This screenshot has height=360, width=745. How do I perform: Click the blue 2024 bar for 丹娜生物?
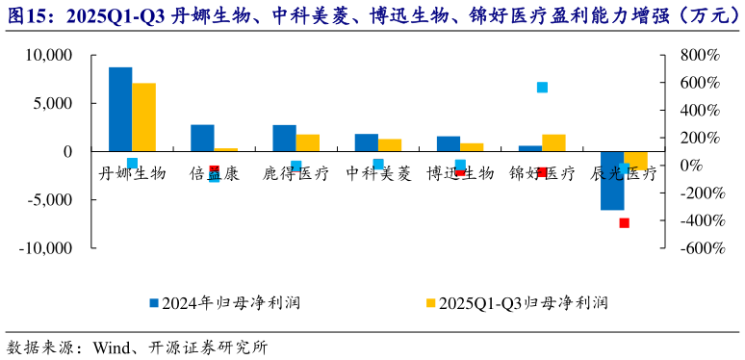[120, 109]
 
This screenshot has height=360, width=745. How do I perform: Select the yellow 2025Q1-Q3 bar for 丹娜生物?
[143, 117]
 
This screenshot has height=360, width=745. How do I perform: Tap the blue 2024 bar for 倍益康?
[202, 138]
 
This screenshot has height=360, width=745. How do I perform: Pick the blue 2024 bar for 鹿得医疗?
[284, 138]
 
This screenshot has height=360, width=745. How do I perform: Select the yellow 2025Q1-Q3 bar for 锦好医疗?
[553, 142]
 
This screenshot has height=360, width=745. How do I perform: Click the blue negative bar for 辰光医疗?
[612, 180]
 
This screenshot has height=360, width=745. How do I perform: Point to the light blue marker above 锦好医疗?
[542, 88]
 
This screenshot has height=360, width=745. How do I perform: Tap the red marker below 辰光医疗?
[624, 222]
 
